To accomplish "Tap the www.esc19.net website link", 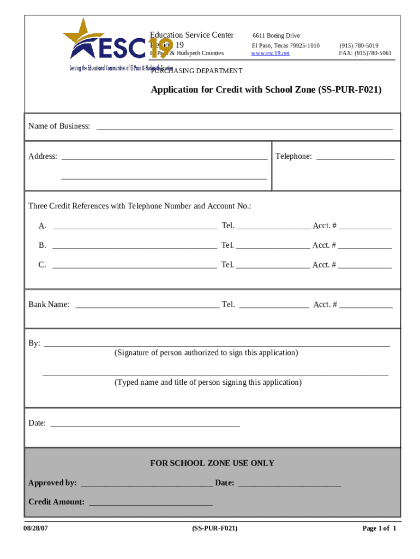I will (270, 53).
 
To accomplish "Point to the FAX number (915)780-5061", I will (365, 53).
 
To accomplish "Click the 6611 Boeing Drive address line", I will (275, 36).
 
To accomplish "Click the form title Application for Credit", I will (266, 90).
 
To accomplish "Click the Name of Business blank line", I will (244, 128).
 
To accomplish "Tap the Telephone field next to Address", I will (355, 158).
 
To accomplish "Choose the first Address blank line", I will (164, 158).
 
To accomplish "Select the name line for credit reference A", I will (134, 227).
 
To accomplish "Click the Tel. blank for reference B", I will (273, 247).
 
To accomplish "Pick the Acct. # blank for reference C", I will (364, 266).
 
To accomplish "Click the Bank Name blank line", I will (147, 306).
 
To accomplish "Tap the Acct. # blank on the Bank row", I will (365, 306).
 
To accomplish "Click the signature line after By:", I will (217, 344).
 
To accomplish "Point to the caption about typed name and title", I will (208, 382).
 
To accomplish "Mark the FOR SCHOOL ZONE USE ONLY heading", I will (212, 463).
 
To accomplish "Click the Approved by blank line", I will (146, 484).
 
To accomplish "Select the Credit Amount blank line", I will (150, 503).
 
